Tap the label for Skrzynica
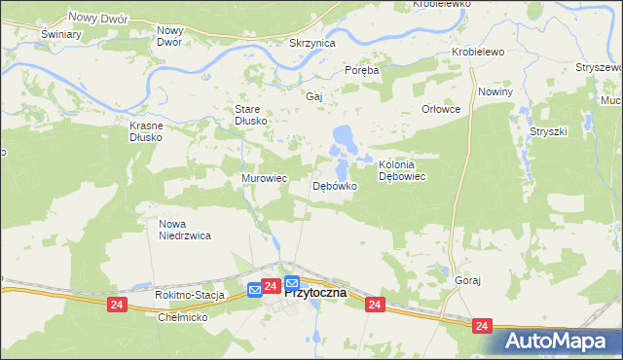[312, 44]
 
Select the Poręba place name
[362, 70]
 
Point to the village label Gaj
[313, 97]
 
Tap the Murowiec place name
[264, 179]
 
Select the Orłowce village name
[440, 110]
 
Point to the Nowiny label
[495, 90]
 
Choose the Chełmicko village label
[184, 317]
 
